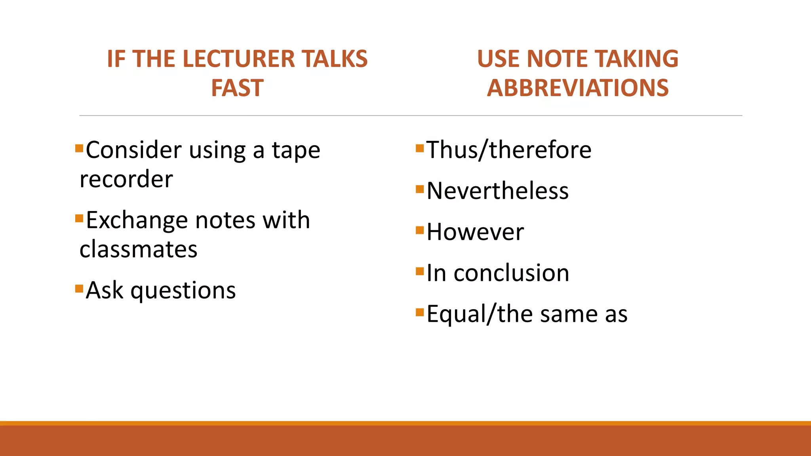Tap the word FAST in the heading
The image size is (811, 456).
pos(237,88)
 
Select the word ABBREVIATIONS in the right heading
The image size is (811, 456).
pos(578,88)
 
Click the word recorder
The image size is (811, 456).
pos(126,179)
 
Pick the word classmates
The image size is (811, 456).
pos(139,249)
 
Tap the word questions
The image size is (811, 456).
pos(183,291)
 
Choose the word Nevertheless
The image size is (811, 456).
pos(497,191)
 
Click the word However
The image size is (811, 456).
pos(475,232)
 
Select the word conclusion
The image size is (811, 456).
pos(511,273)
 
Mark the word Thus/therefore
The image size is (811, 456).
pos(509,150)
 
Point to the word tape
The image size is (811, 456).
pos(296,151)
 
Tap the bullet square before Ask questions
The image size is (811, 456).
pos(79,288)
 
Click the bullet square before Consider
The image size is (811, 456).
pos(79,148)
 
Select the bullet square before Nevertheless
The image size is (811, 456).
pos(420,189)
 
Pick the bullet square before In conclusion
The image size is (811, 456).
pos(420,271)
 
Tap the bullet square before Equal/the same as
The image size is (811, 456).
pos(420,312)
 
